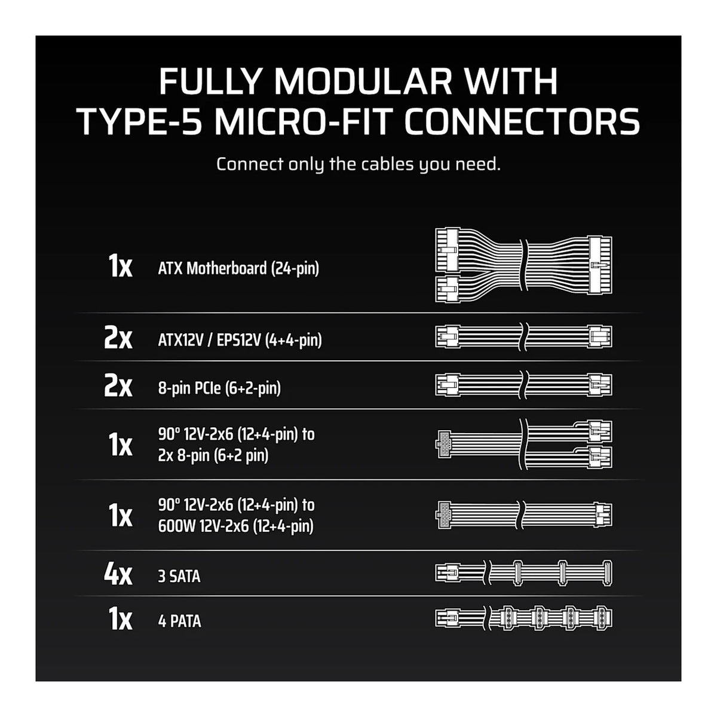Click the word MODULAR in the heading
pos(363,81)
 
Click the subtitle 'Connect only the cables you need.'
pos(358,164)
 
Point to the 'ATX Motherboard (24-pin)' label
pos(238,268)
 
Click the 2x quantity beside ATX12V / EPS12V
pos(118,339)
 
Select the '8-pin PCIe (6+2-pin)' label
pos(219,388)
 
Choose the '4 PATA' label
pos(179,621)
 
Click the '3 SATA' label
pos(179,577)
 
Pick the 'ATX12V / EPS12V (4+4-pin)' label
pos(240,340)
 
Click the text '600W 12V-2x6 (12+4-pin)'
pos(235,526)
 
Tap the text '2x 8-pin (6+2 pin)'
pos(213,455)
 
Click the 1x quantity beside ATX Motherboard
pos(120,266)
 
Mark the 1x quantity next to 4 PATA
pos(120,620)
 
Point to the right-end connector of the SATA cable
pos(607,574)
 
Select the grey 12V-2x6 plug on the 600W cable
pos(443,515)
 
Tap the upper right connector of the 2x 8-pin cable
pos(600,431)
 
